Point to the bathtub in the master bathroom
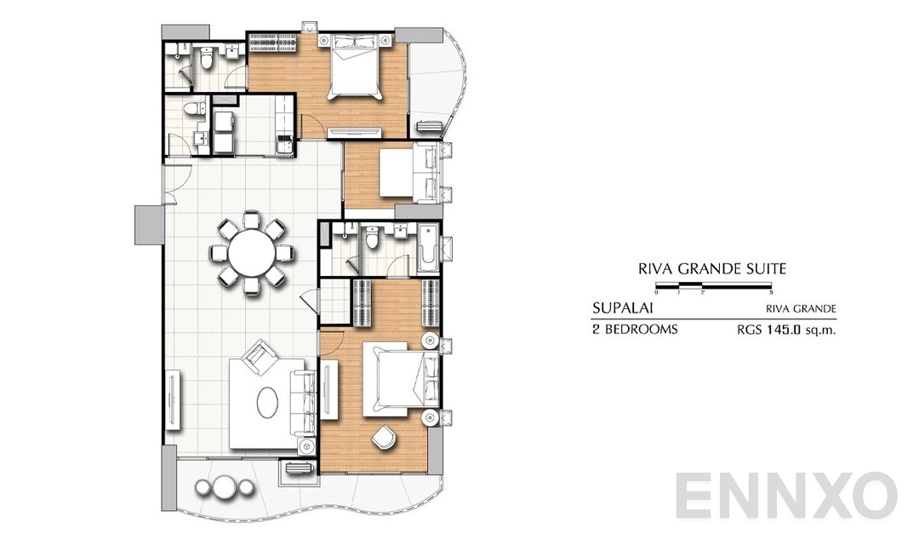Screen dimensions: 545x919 [429, 247]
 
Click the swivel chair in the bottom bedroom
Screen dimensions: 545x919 [384, 436]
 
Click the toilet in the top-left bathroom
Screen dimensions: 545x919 [207, 57]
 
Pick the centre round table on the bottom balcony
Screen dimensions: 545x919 [222, 488]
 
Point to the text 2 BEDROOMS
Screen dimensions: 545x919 [634, 329]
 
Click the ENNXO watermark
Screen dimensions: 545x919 [786, 497]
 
